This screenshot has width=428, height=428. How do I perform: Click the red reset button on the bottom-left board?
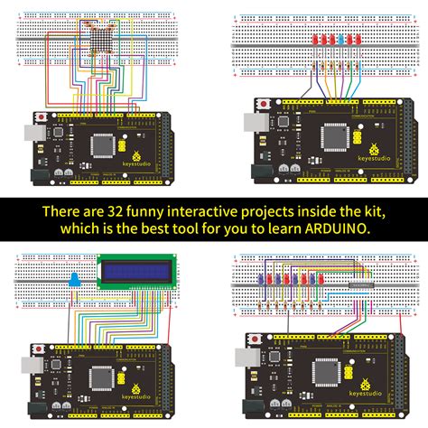[x=39, y=347]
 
